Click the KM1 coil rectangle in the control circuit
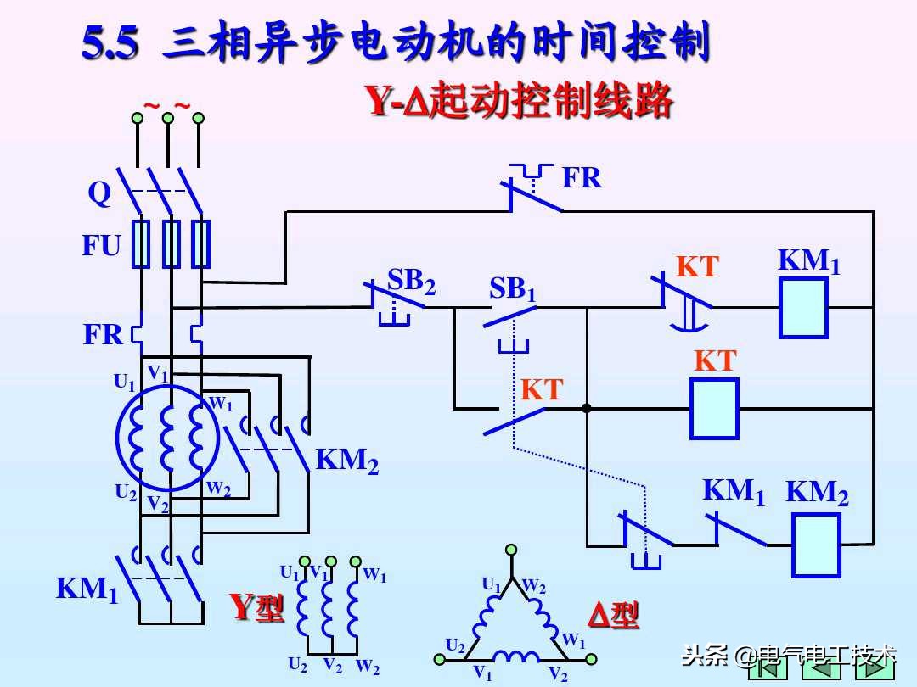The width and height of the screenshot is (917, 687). click(x=803, y=307)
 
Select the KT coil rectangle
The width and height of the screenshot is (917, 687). click(x=713, y=408)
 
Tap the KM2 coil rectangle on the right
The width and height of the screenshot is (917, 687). click(x=816, y=545)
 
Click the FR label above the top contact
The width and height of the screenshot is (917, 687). click(x=582, y=178)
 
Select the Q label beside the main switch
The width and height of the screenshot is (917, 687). click(x=99, y=194)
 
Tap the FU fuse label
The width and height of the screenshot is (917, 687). click(x=101, y=246)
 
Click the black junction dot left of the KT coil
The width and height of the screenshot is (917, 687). click(x=586, y=409)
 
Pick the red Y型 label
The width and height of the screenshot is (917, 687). click(x=256, y=607)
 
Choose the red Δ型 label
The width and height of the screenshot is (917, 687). click(x=613, y=615)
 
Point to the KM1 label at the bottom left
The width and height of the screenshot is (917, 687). click(x=87, y=589)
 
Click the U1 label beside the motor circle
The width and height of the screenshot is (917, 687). click(x=125, y=383)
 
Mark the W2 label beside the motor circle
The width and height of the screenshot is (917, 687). click(x=218, y=489)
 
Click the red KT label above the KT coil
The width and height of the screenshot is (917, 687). click(x=715, y=360)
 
